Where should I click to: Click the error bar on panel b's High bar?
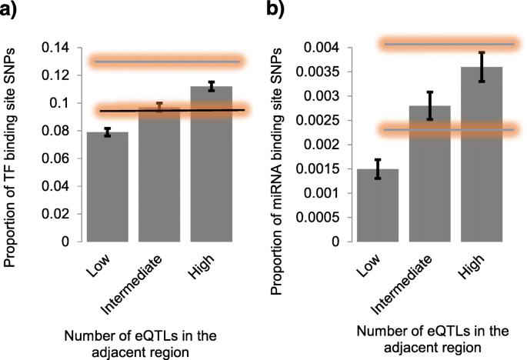pos(482,67)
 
